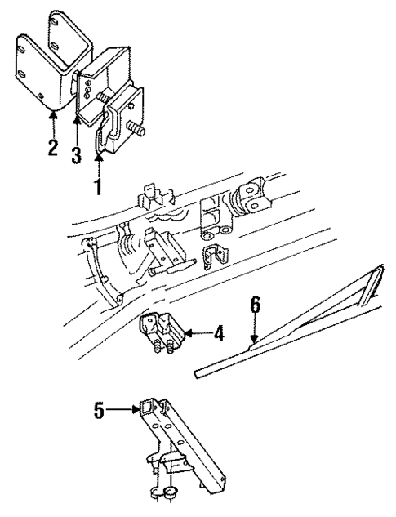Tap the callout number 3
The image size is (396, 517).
[x=75, y=154]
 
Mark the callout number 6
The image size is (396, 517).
[x=255, y=305]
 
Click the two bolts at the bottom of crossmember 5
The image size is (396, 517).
[x=164, y=492]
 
